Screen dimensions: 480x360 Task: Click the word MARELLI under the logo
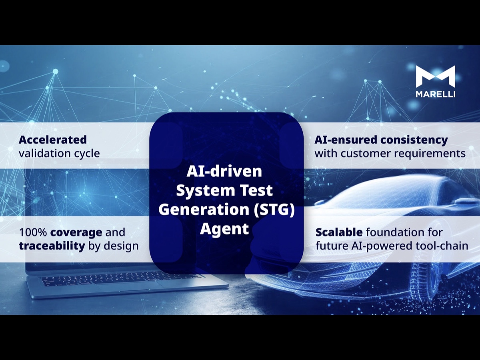[435, 94]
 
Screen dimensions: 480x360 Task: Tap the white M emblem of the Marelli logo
[435, 76]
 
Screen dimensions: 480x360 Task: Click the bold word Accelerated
[53, 140]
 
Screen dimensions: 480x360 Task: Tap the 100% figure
[33, 232]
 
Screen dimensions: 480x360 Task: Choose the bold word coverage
[76, 232]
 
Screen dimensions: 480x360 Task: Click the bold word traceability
[52, 246]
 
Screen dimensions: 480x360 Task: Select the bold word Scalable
[339, 232]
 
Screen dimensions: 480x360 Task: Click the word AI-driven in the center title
[224, 172]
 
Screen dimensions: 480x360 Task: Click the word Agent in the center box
[224, 229]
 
